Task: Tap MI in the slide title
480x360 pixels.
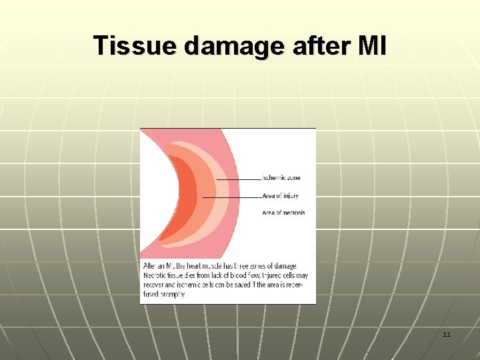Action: (x=371, y=46)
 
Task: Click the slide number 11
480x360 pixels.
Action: (x=447, y=334)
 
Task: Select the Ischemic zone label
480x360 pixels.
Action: (x=281, y=178)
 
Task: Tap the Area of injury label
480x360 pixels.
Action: (x=281, y=196)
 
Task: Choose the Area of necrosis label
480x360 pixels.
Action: (x=283, y=213)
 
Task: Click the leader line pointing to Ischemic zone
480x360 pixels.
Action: (x=239, y=179)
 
